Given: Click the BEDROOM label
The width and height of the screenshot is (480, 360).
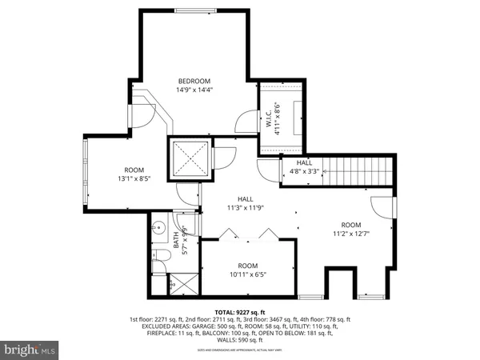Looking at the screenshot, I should point(194,81).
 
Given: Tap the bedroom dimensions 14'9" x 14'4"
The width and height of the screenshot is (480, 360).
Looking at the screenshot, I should point(194,90).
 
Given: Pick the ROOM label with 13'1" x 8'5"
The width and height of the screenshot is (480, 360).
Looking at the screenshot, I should point(134,170).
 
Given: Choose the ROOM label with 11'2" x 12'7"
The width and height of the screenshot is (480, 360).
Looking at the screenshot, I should point(350,225).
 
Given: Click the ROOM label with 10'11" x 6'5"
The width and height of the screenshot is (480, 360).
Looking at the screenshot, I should point(248,266).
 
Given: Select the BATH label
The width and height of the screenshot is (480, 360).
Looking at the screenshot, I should point(176,238).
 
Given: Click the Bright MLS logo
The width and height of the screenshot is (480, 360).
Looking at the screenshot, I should point(29,349).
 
